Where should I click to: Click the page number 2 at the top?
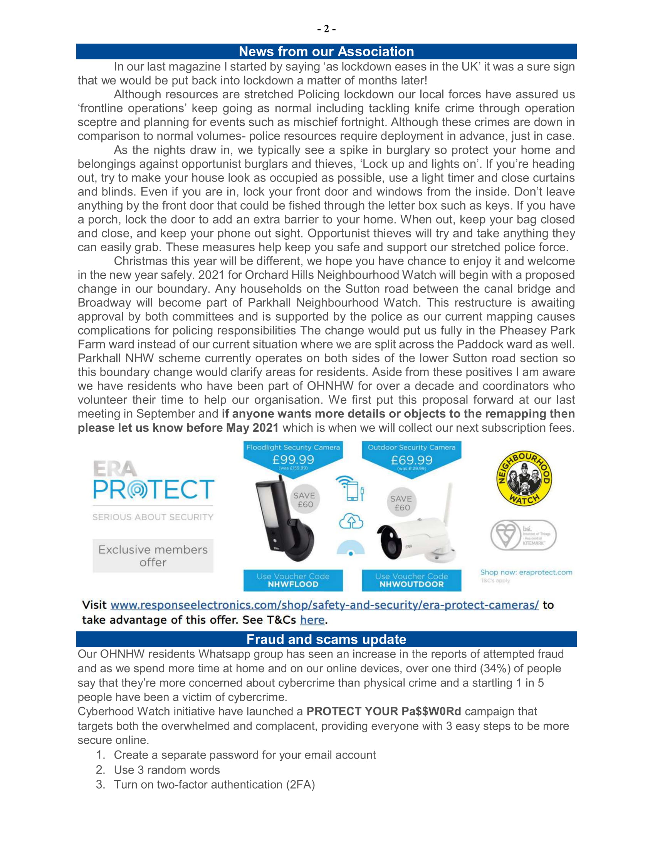(326, 29)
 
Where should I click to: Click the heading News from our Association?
(326, 52)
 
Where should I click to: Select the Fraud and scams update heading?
(326, 639)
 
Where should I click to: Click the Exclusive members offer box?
(153, 555)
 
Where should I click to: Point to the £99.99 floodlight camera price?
(293, 460)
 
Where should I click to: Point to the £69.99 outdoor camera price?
(411, 460)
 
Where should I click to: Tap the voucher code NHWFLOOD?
(293, 584)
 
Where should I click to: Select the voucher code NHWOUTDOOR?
(411, 584)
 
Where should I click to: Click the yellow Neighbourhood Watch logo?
(524, 478)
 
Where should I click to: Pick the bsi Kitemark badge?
(523, 535)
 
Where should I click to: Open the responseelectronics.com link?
(324, 605)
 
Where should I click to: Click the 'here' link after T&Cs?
(312, 620)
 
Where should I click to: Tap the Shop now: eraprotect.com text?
(526, 572)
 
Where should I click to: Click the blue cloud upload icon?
(351, 521)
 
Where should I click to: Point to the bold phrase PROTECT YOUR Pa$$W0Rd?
(384, 711)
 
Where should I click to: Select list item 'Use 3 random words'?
(167, 770)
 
